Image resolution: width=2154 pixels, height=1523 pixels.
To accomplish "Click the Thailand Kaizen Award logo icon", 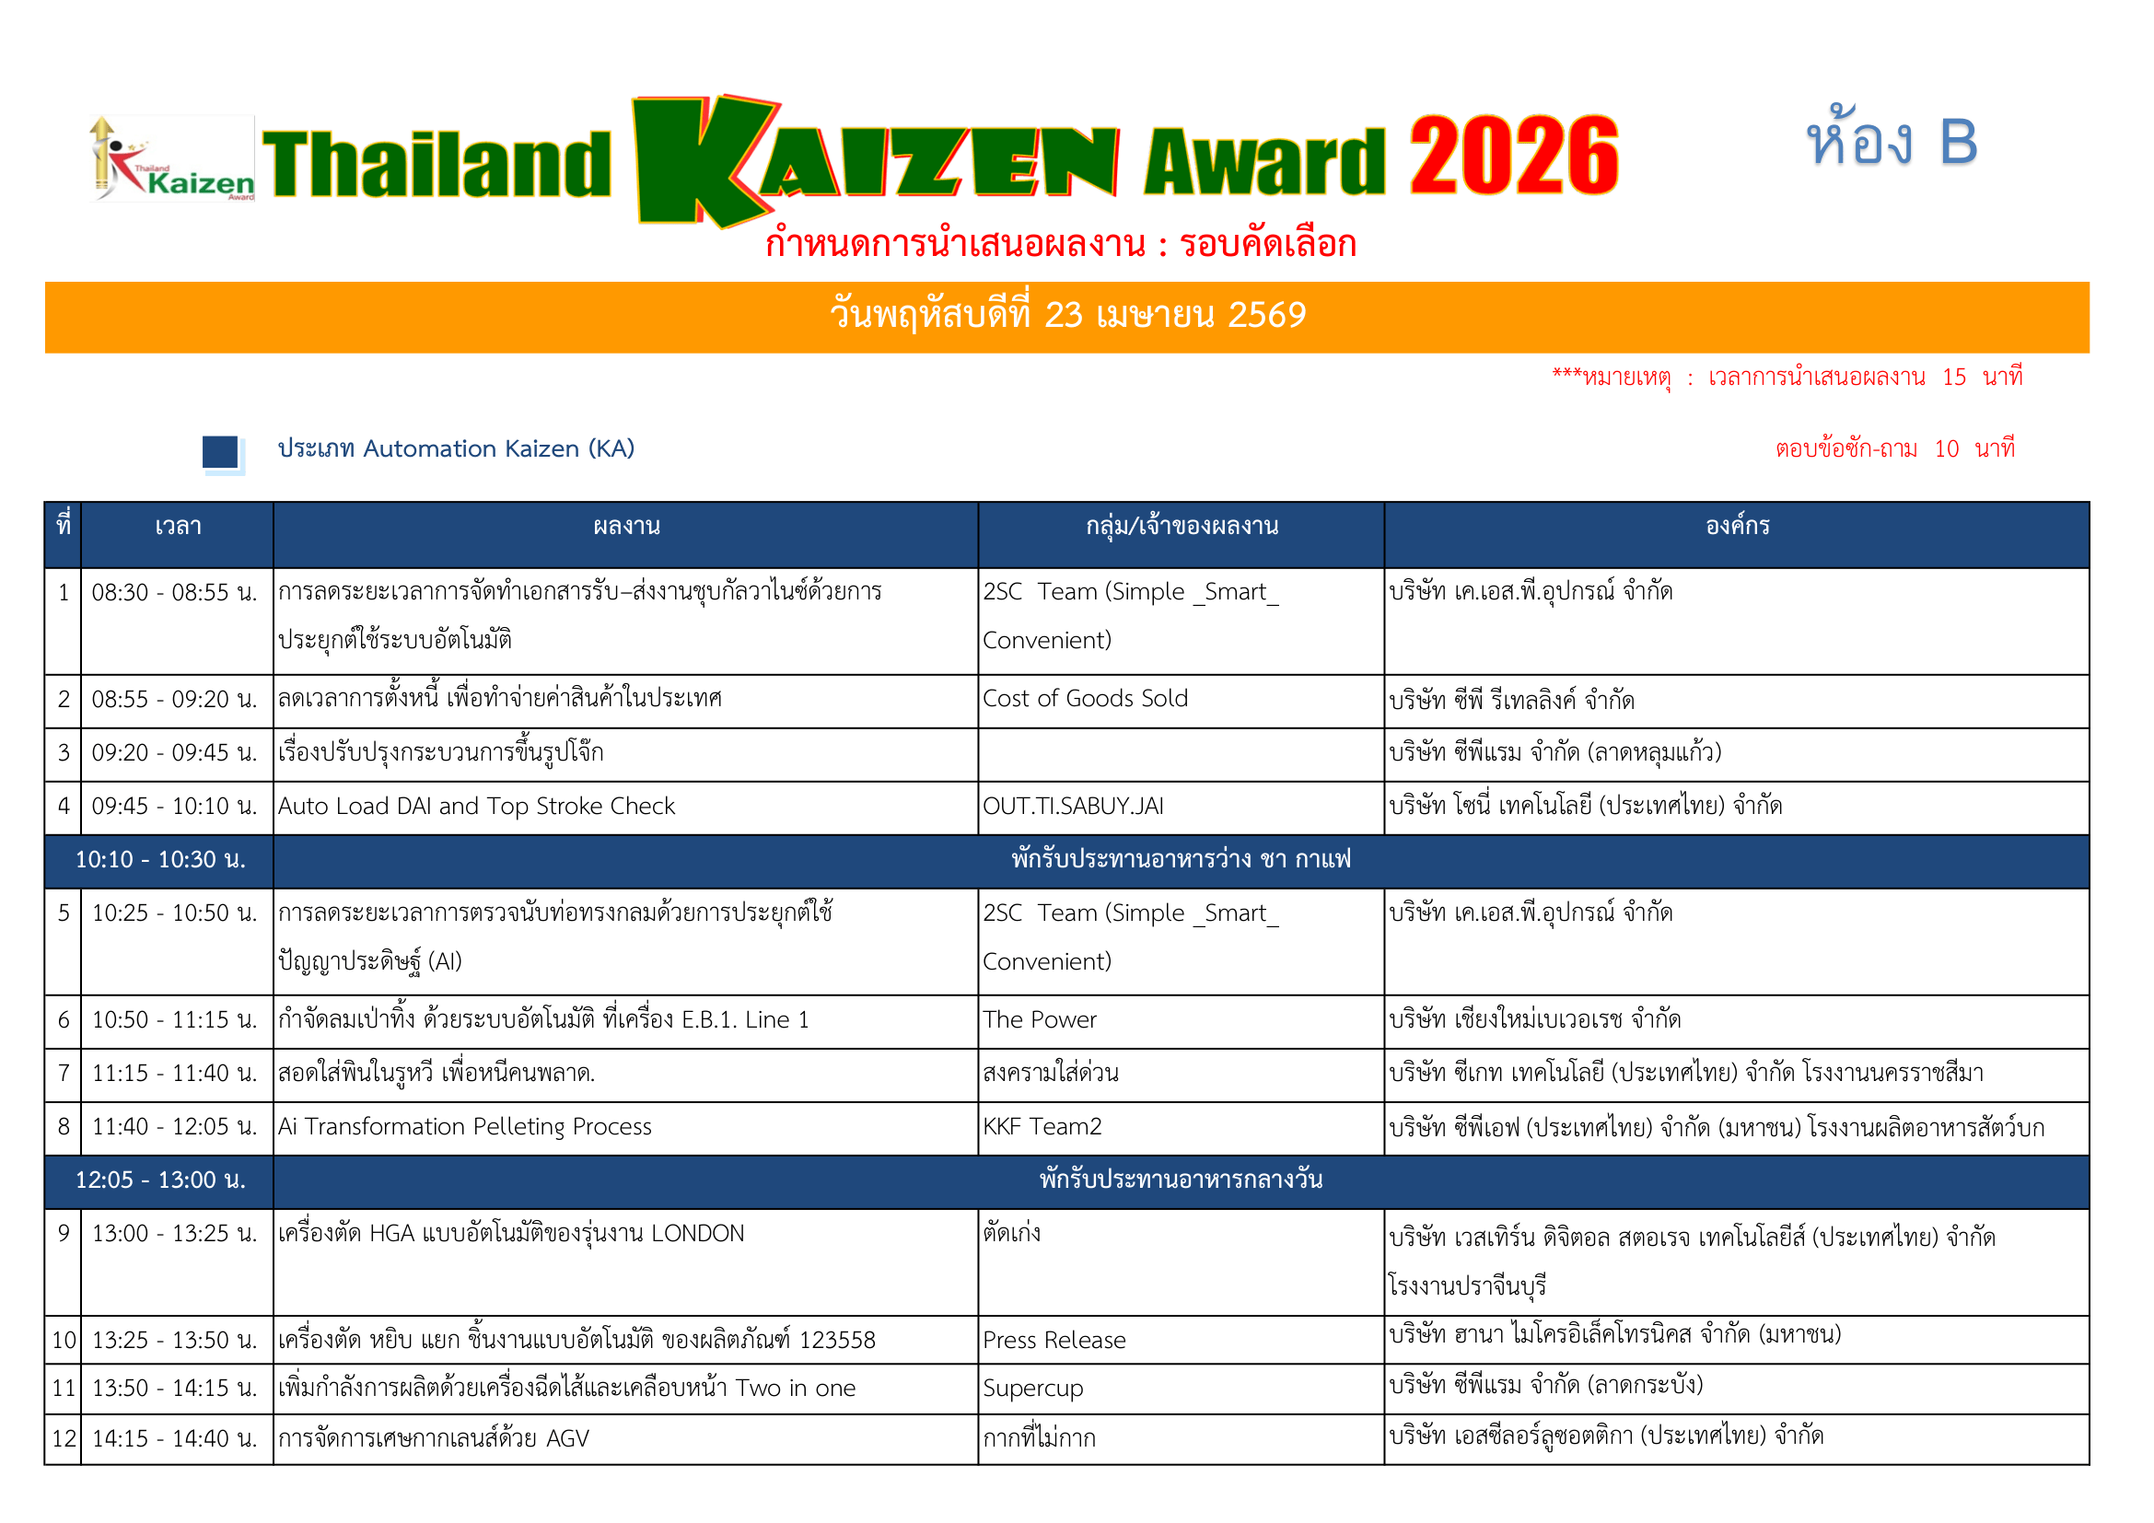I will [x=172, y=157].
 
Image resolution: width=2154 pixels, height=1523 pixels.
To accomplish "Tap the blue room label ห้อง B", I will [x=1892, y=143].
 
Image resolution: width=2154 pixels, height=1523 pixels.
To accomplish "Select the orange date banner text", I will [x=1066, y=315].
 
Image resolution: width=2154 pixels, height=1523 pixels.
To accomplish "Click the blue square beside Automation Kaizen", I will [x=220, y=452].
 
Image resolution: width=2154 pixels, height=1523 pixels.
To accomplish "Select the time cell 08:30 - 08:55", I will [x=174, y=593].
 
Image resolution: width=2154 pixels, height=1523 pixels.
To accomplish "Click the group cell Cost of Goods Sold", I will [x=1085, y=699].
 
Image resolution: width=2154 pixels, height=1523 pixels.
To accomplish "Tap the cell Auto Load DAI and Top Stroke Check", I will [x=475, y=807].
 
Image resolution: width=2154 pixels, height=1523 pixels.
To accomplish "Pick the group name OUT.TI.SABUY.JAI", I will [x=1072, y=807].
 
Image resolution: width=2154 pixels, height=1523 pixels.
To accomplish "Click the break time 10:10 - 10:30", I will [x=160, y=860].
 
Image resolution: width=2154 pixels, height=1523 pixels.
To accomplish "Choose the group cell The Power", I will [x=1039, y=1020].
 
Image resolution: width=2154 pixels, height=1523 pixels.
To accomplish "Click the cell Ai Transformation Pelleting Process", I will [x=464, y=1127].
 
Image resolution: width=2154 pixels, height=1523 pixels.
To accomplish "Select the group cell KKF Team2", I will [x=1042, y=1127].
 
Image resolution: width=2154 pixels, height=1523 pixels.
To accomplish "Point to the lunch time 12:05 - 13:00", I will [x=160, y=1180].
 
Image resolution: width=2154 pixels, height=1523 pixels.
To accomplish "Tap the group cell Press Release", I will [x=1054, y=1341].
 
